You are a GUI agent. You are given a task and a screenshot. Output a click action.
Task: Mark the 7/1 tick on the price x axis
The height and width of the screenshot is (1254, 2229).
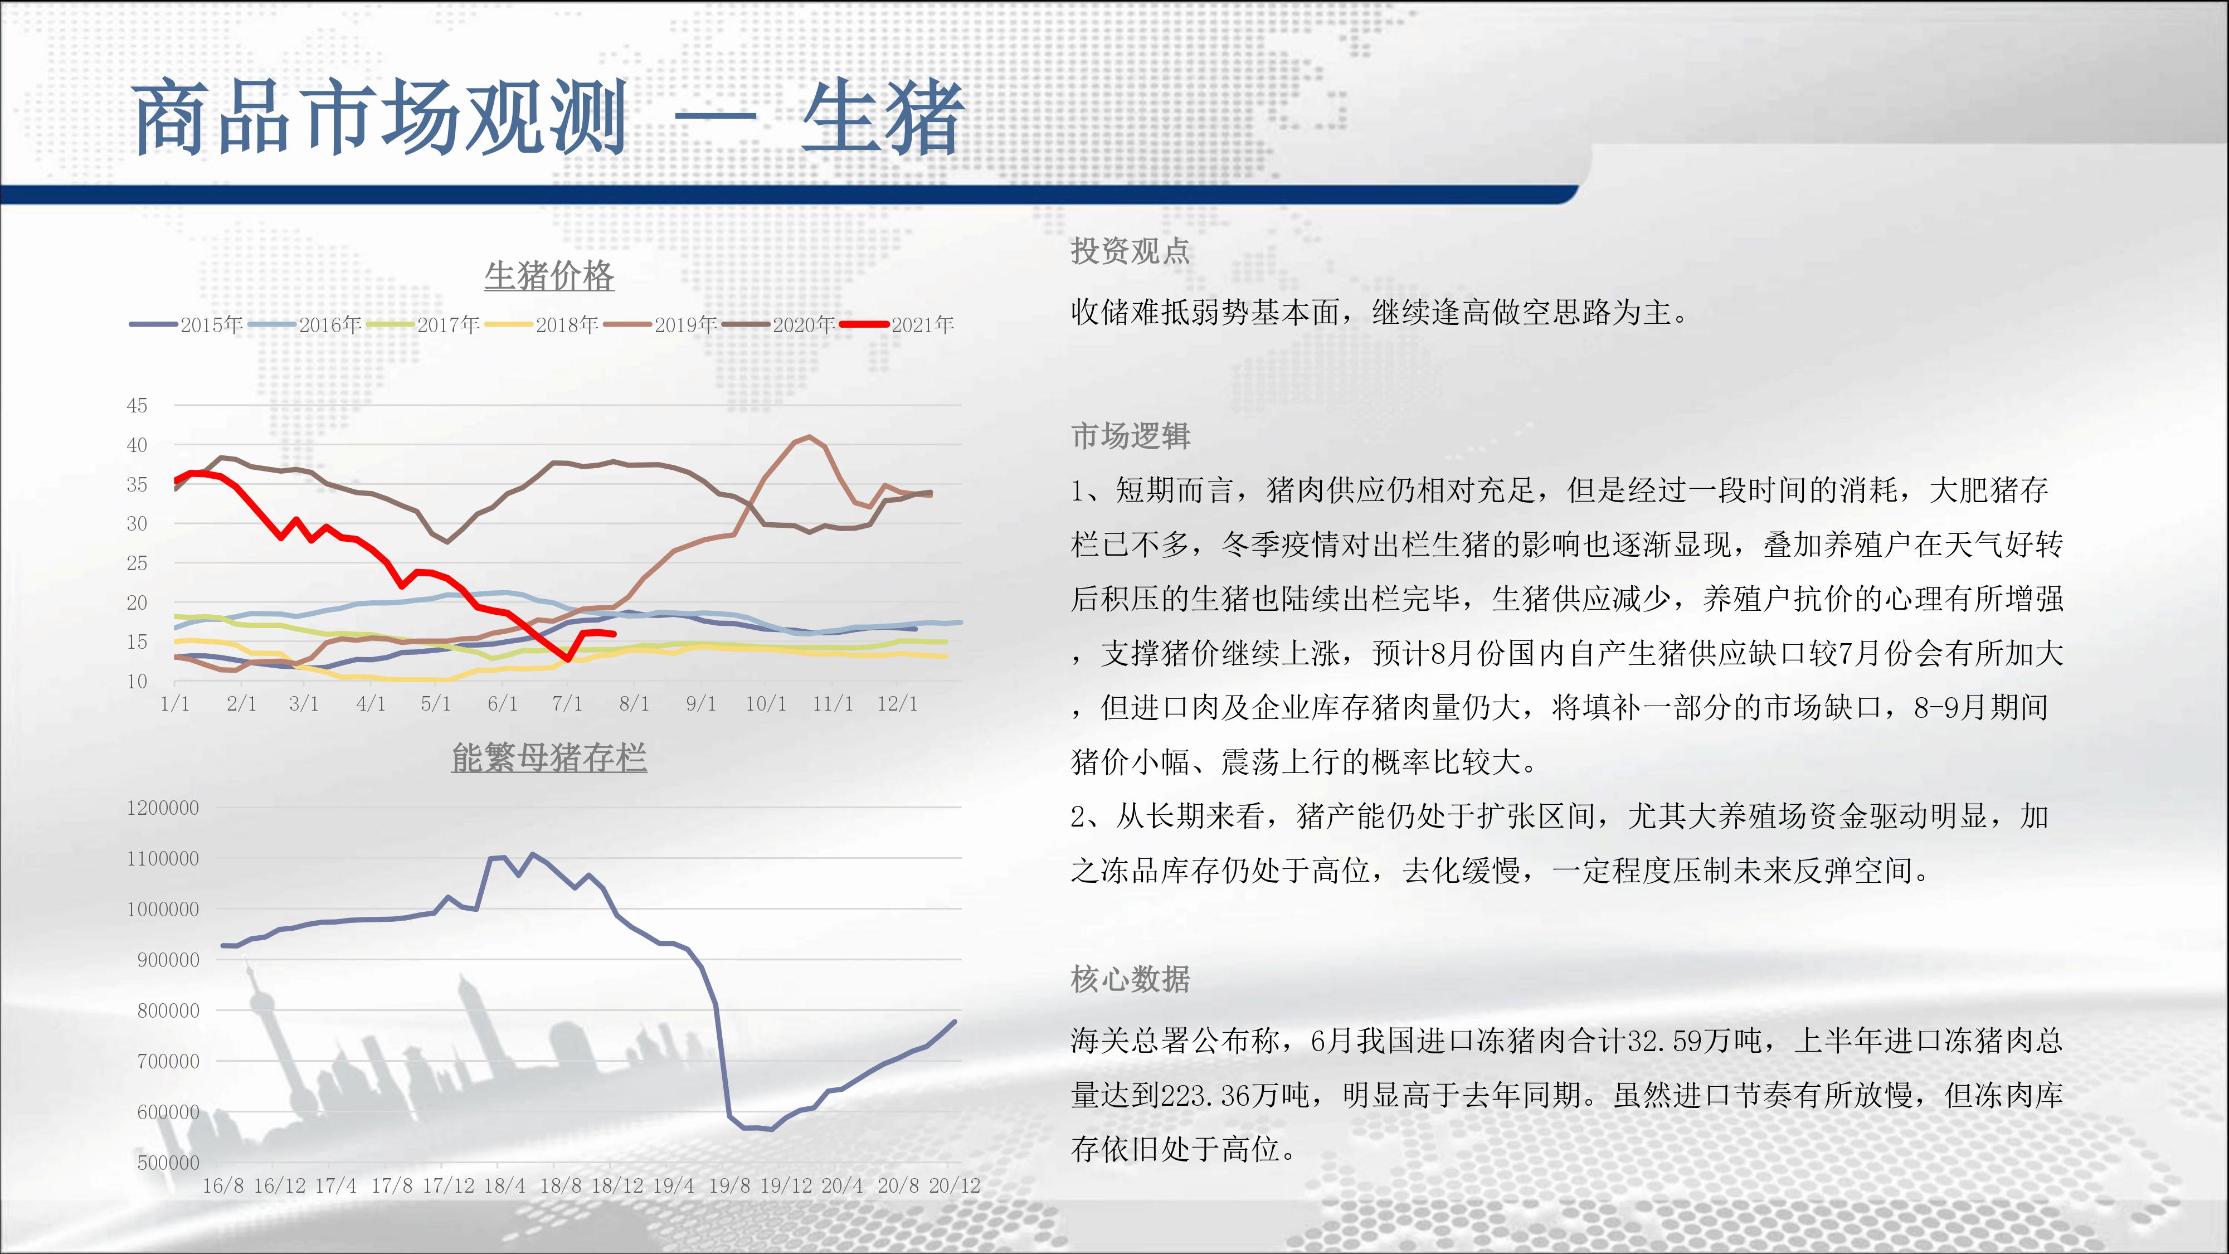coord(568,703)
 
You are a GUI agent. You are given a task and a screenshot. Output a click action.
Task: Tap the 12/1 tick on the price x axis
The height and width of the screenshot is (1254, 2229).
coord(897,703)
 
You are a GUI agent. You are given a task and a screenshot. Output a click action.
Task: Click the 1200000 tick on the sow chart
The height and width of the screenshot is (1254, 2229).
coord(163,808)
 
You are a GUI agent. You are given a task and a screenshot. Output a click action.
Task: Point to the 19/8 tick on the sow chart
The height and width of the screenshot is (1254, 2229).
coord(729,1185)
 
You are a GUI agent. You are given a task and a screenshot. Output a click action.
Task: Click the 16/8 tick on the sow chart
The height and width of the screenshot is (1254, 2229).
coord(223,1185)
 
